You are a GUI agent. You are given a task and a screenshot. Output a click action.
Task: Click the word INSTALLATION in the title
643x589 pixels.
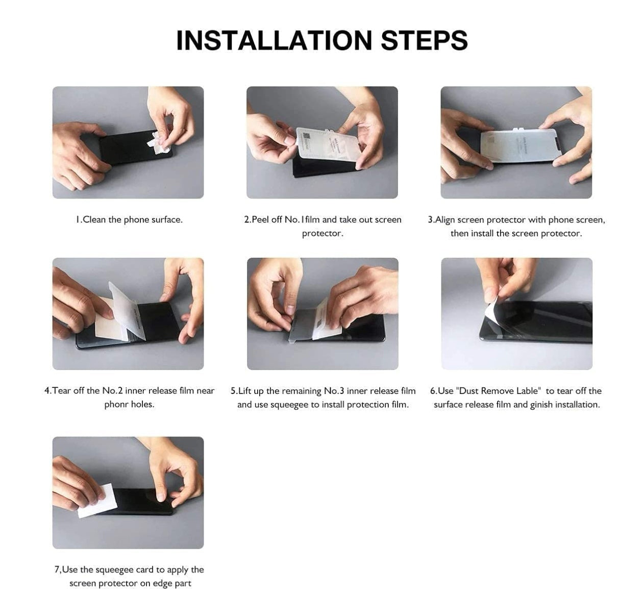[x=274, y=41]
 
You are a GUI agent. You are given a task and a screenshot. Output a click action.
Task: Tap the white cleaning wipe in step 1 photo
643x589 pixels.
[x=159, y=139]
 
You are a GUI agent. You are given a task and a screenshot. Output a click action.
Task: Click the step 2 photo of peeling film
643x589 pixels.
[x=322, y=142]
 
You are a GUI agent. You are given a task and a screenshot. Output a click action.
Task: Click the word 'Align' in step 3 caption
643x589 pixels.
[x=444, y=219]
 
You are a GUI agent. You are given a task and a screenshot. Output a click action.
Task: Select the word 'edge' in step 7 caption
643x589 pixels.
[x=163, y=583]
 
